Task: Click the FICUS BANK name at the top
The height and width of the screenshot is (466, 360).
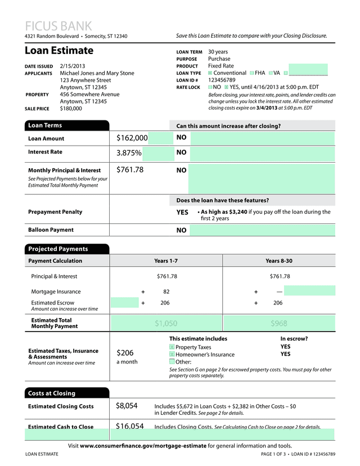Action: pos(58,26)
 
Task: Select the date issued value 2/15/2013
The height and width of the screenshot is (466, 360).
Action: pos(73,66)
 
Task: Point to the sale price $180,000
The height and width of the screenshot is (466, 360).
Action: pos(71,109)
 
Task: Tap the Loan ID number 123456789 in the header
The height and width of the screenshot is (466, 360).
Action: pos(222,80)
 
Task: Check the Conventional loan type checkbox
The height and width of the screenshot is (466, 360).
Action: pos(210,73)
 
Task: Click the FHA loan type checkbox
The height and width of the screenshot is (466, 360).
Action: pos(251,73)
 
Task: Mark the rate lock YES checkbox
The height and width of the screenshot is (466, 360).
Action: pos(226,87)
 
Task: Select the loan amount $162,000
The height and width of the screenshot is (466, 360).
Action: pos(132,138)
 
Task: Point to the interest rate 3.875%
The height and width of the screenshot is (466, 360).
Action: pos(129,153)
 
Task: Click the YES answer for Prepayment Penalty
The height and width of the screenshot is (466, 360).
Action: pos(182,213)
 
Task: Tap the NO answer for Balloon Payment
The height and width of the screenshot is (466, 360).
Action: pos(181,230)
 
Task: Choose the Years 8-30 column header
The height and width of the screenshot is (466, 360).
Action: pos(279,261)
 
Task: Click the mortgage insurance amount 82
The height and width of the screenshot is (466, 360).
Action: pos(166,292)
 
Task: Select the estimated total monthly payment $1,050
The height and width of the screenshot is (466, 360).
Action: pos(166,323)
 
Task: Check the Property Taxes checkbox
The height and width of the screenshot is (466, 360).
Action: pos(172,347)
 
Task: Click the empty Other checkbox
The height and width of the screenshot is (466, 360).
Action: pos(172,362)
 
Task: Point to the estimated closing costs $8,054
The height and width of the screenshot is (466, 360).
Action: pos(127,405)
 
